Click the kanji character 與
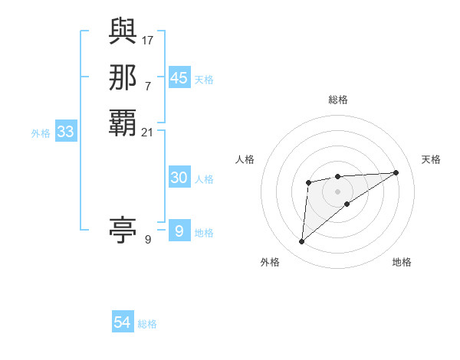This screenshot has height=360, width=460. (x=123, y=32)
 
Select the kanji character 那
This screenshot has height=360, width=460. (x=123, y=77)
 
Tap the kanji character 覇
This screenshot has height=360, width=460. (x=123, y=123)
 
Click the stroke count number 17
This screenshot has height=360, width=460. (x=149, y=39)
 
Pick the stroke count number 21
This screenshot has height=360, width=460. (x=148, y=133)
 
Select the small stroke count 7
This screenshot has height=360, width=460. (x=148, y=85)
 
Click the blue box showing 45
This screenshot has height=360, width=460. (x=179, y=78)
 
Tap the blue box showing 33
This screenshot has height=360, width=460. (x=66, y=133)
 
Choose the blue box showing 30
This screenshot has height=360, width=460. (x=179, y=178)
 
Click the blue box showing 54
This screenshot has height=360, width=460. (x=123, y=323)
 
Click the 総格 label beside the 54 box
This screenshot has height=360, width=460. (x=147, y=324)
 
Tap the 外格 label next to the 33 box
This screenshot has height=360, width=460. (x=41, y=133)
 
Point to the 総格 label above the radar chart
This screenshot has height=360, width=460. (x=337, y=100)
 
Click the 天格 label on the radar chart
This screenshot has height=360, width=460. (x=431, y=159)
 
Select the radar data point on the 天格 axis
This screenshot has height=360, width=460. (x=396, y=172)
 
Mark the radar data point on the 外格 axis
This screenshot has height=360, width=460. (x=302, y=242)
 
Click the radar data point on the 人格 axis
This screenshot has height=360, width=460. (x=308, y=182)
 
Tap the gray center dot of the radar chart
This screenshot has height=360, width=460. (x=337, y=191)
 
